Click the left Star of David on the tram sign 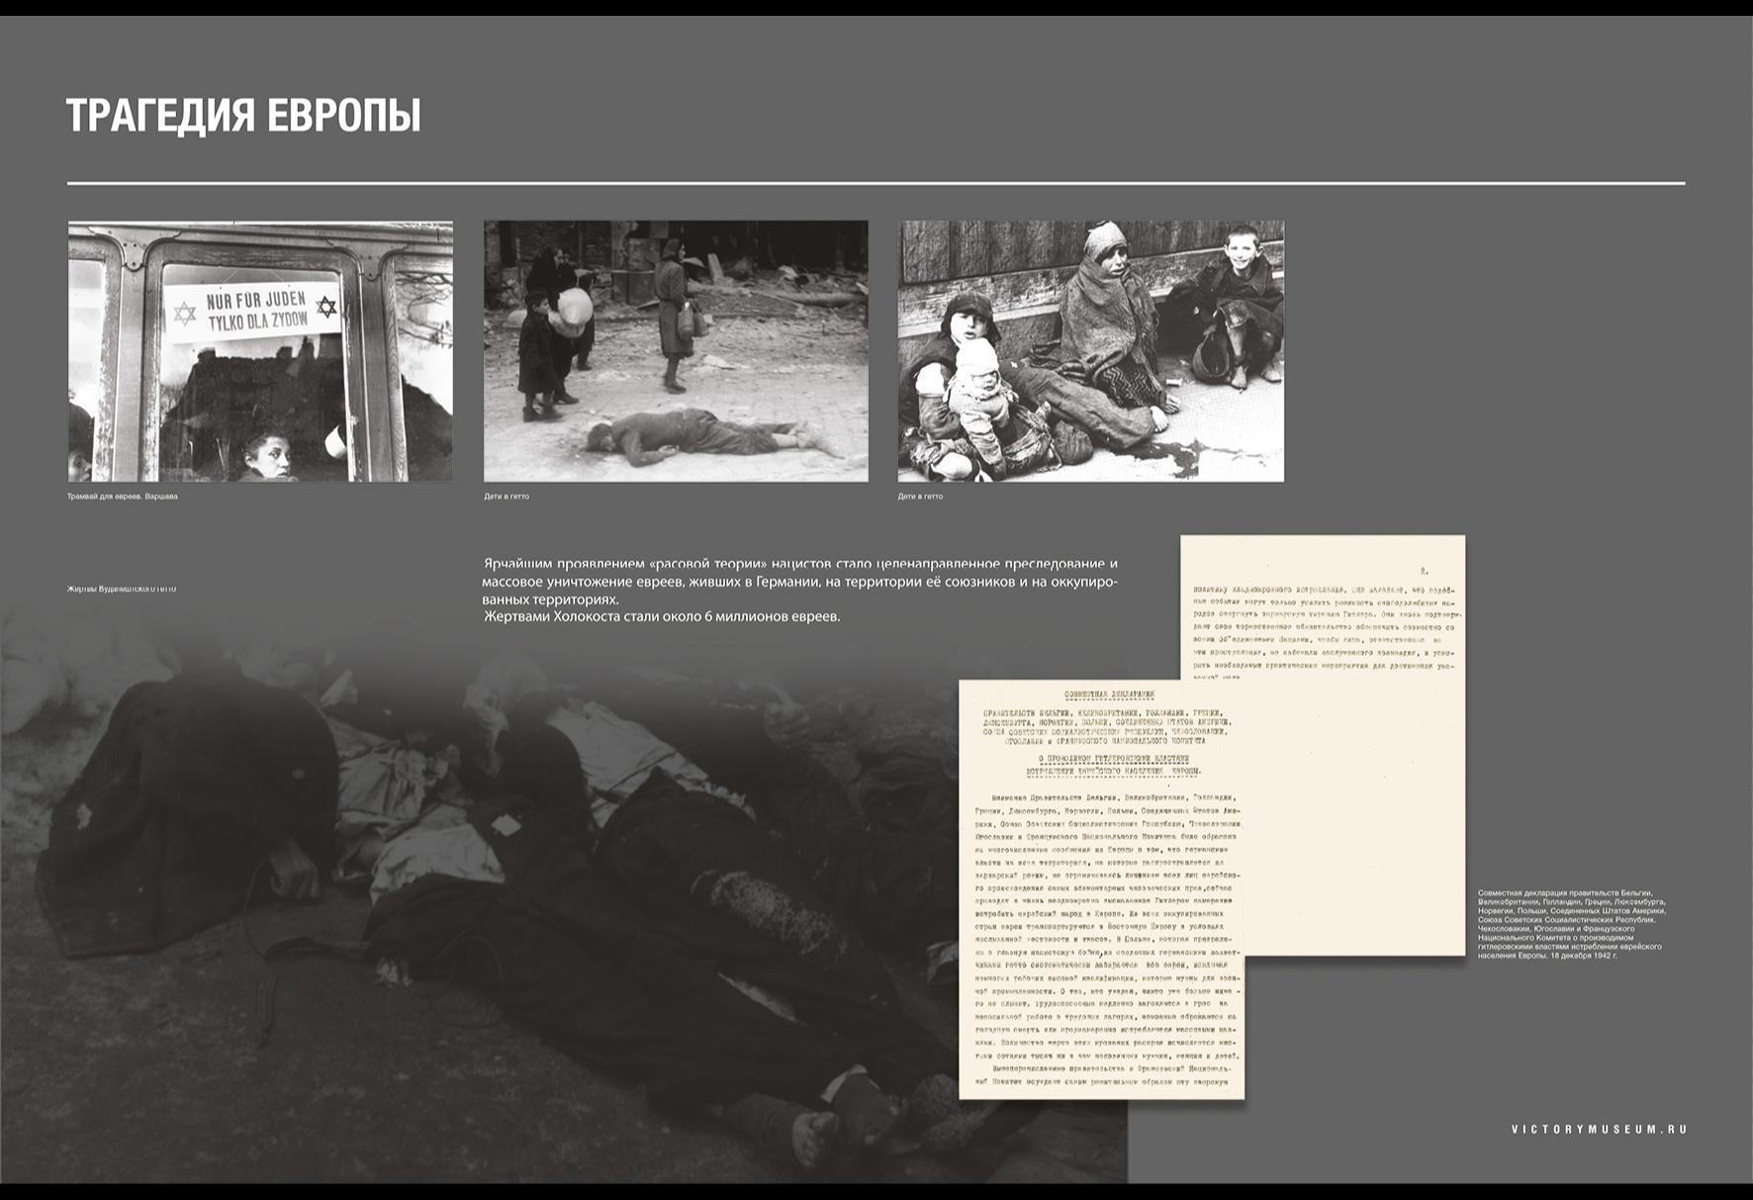(x=184, y=315)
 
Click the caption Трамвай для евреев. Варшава (x=123, y=497)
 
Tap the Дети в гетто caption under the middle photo (x=506, y=497)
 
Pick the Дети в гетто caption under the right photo (x=920, y=497)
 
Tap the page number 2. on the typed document (x=1424, y=571)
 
